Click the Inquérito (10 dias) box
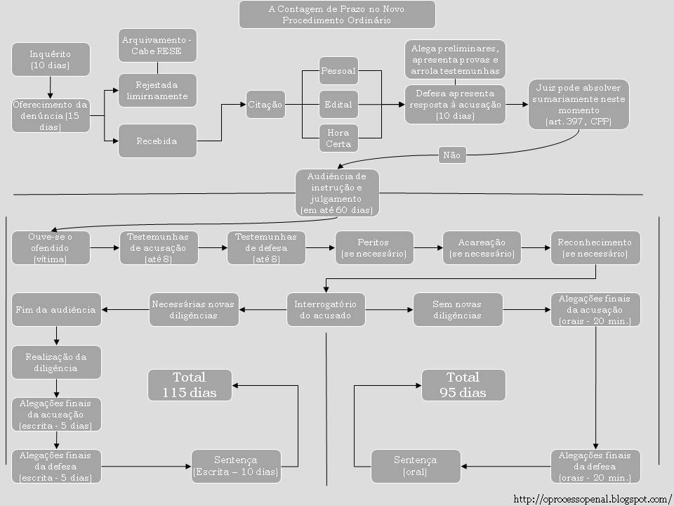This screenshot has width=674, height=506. pos(51,59)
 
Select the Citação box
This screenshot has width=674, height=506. pos(265,105)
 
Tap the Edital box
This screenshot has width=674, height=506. pos(338,105)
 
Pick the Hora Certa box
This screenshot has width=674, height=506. pos(338,138)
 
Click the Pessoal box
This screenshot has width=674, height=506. pos(338,71)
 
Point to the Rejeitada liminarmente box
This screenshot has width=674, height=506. pos(157,90)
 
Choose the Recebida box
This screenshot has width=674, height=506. pos(157,141)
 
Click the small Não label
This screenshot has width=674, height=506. pos(452,155)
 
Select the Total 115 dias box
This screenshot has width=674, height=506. pos(190,386)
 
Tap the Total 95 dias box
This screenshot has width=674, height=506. pos(463,385)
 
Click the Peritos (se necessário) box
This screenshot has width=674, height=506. pos(374,247)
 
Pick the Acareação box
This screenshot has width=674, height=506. pos(482,247)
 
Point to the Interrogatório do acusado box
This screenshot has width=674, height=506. pos(326,310)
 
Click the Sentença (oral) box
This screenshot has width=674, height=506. pos(415,466)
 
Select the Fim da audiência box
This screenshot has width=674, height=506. pos(56,310)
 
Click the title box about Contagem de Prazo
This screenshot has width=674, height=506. pos(336,15)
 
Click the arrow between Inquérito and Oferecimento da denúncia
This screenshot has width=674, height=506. pos(51,86)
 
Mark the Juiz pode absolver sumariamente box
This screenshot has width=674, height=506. pos(579,105)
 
